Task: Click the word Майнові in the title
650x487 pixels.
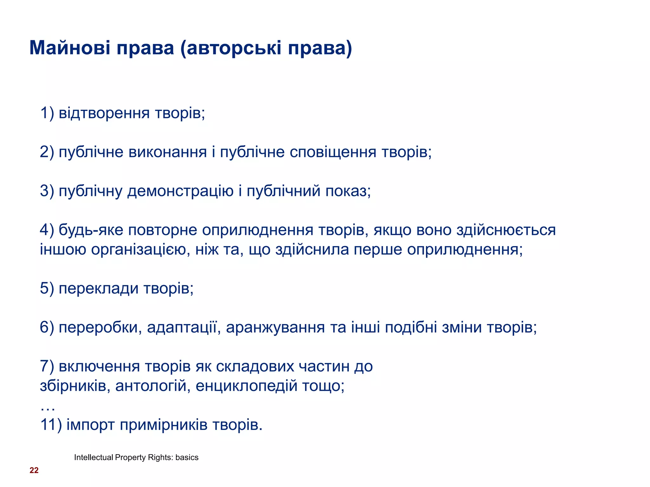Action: (70, 48)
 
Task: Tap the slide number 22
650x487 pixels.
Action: (34, 470)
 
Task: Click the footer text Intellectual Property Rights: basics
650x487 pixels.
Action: (136, 457)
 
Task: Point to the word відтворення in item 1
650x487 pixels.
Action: (104, 113)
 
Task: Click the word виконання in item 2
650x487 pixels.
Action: (168, 152)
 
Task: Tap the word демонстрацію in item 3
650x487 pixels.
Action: (180, 191)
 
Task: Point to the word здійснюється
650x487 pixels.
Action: (506, 230)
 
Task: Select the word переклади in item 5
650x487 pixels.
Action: (98, 289)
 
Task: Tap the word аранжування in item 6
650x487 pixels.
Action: (275, 328)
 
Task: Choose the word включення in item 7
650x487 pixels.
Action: (99, 367)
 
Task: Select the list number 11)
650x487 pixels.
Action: (51, 425)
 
